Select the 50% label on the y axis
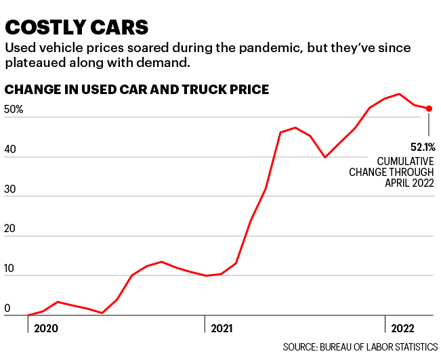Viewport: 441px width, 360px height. tap(14, 110)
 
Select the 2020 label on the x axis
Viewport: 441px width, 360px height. tap(45, 328)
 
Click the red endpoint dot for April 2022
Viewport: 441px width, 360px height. tap(429, 108)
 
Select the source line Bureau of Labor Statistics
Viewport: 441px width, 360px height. tap(360, 347)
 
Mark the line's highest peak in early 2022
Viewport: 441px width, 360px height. tap(400, 94)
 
